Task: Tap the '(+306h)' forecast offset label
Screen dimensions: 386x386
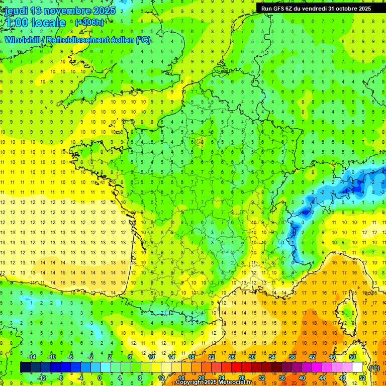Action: click(x=89, y=22)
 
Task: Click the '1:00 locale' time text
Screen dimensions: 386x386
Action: click(x=35, y=23)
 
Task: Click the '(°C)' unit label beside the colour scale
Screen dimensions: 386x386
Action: click(x=374, y=368)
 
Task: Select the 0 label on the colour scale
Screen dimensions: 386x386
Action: click(x=99, y=378)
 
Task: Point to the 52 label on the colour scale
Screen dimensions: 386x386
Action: click(x=362, y=378)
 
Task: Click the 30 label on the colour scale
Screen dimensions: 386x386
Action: click(x=252, y=357)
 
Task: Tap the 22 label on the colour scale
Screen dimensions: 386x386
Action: click(x=212, y=357)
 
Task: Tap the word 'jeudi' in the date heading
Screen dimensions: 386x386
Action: click(x=16, y=11)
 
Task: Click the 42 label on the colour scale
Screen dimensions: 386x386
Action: click(x=312, y=357)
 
